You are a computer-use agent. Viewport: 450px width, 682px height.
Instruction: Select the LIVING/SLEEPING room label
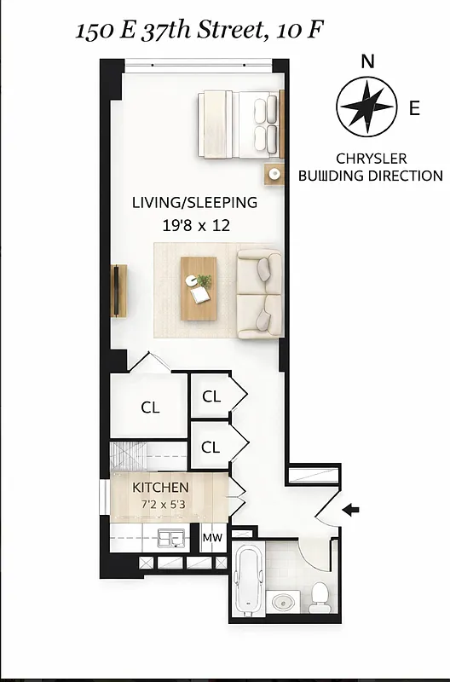click(x=194, y=203)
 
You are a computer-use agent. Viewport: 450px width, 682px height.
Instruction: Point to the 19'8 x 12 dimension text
click(x=195, y=226)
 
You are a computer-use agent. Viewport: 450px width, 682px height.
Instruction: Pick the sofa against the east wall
click(x=260, y=293)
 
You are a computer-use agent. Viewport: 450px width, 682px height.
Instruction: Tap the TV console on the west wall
click(x=118, y=290)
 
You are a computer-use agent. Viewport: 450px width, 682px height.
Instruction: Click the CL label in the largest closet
click(x=150, y=407)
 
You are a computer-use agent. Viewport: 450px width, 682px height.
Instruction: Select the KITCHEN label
click(x=160, y=488)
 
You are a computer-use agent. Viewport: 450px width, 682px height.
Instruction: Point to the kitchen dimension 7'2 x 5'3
click(x=160, y=504)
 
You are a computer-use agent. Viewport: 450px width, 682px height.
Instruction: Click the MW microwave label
click(x=211, y=539)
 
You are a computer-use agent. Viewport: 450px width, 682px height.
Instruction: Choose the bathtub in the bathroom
click(x=246, y=580)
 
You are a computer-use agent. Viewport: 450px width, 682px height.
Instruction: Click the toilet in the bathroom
click(x=320, y=597)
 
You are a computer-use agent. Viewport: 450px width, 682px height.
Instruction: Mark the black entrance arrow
click(x=350, y=510)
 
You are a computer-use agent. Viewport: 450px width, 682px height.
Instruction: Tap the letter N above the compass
click(x=367, y=61)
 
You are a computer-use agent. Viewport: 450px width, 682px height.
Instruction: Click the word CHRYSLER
click(x=371, y=159)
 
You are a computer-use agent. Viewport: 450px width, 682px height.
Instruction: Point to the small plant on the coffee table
click(x=205, y=280)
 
